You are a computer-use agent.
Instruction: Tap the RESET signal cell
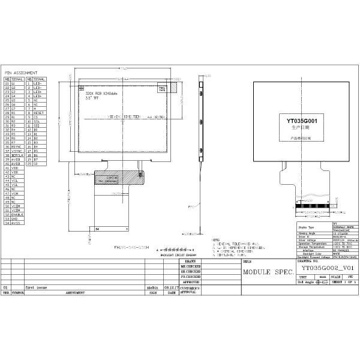pos(39,112)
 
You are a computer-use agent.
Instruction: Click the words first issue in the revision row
pos(35,287)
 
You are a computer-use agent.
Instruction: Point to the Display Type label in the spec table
pos(307,228)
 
